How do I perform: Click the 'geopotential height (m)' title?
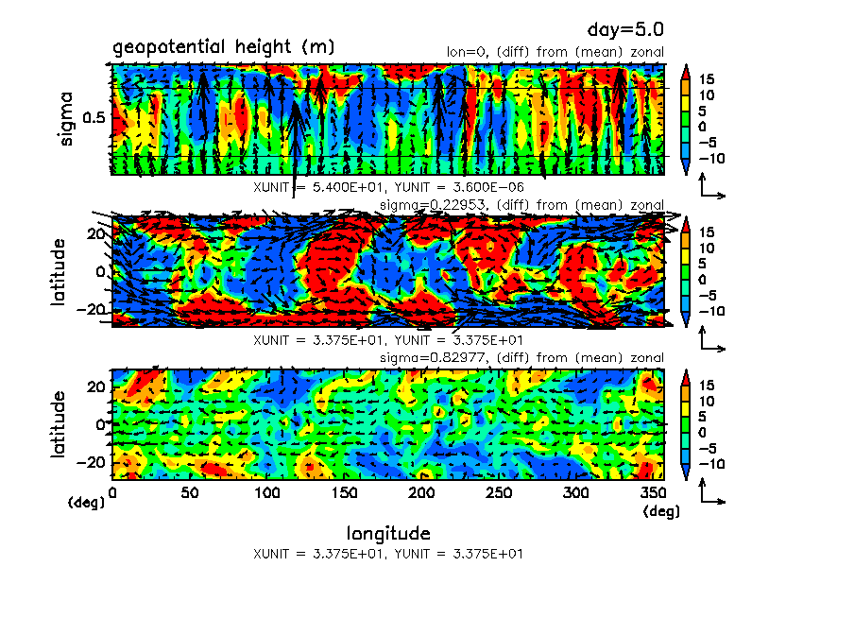[223, 47]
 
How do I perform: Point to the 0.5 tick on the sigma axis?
[94, 118]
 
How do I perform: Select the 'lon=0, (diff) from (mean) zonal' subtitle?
[555, 52]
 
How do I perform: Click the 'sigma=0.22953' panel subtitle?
[521, 205]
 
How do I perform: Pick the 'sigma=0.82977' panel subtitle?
[521, 357]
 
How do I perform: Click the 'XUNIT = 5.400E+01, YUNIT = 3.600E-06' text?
[388, 187]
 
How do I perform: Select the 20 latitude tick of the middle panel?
[95, 233]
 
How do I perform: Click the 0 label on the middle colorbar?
[705, 281]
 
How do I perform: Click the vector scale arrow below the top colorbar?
[711, 190]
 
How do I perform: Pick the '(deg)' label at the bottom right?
[660, 511]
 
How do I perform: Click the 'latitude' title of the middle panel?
[60, 271]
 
